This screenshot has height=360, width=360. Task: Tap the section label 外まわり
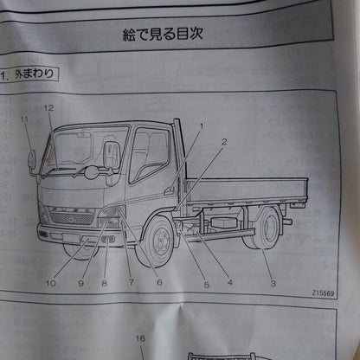pos(35,74)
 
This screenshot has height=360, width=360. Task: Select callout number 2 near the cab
pos(223,140)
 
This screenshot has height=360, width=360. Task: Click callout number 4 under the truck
pos(229,281)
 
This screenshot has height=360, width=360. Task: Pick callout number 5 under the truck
pos(206,282)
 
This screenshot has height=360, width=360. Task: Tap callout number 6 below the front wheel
pos(158,282)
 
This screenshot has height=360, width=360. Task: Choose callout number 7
pos(132,282)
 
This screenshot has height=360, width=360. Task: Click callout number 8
pos(104,282)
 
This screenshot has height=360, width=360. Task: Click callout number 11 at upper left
pos(25,119)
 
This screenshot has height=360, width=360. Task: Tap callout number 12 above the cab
pos(49,108)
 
